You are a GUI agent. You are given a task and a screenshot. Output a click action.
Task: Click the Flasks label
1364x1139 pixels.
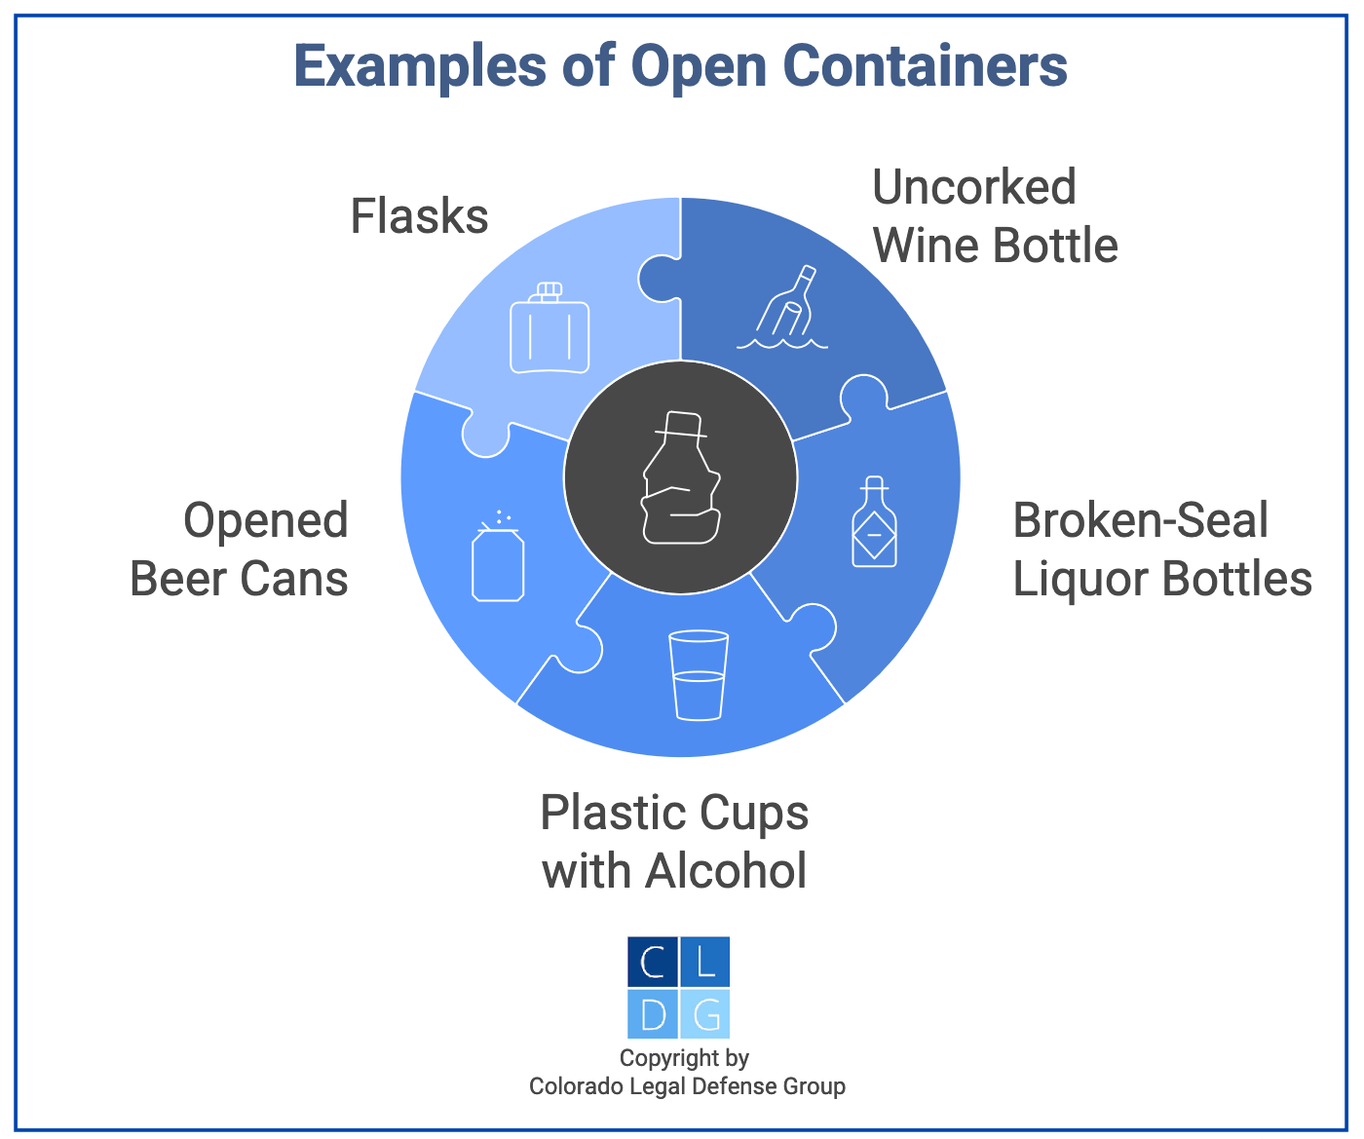419,216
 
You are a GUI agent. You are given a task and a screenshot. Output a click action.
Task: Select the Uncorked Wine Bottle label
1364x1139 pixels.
994,216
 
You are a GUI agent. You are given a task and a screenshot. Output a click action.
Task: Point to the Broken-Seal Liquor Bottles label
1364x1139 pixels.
1161,550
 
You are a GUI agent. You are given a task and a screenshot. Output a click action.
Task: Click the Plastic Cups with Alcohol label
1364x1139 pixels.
674,841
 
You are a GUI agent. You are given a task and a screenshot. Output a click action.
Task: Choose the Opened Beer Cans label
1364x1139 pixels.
240,550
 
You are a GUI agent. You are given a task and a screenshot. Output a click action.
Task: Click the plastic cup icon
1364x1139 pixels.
699,675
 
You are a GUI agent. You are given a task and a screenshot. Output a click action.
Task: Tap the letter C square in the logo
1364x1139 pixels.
653,963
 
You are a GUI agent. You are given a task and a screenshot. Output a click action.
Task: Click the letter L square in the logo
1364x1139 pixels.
705,963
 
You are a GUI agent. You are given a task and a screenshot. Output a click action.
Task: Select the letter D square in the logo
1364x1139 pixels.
653,1014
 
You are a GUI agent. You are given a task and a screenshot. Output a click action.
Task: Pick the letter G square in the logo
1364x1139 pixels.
705,1014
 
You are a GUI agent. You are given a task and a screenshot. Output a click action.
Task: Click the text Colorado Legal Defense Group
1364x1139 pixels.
687,1086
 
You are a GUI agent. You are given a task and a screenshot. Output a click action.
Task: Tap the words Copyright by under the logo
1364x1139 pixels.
684,1058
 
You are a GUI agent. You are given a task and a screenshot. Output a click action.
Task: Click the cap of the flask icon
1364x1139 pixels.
549,289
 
